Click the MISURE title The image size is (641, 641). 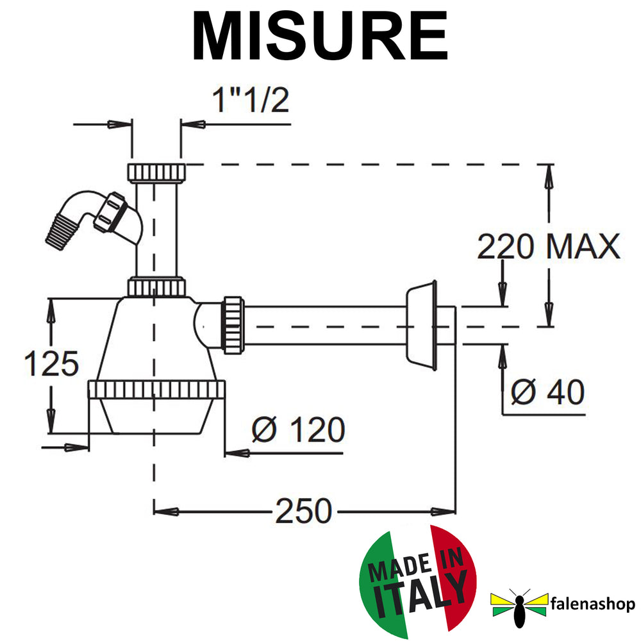(320, 36)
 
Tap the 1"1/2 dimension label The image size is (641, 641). (251, 100)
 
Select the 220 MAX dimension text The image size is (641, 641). (549, 247)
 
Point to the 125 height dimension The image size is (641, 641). (51, 363)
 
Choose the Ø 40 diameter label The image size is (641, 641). (547, 392)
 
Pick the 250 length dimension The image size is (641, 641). (303, 511)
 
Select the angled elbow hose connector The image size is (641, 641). (94, 219)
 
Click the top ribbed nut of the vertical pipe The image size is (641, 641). (156, 172)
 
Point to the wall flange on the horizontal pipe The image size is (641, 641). (422, 325)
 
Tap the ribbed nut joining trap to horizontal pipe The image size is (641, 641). (233, 325)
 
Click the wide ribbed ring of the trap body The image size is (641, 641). (156, 389)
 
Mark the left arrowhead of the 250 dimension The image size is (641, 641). (166, 511)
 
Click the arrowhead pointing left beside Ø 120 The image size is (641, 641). (237, 453)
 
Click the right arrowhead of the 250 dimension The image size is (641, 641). (443, 511)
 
